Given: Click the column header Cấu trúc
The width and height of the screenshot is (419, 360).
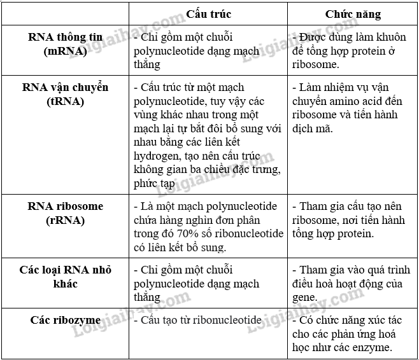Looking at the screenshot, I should click(208, 13).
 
